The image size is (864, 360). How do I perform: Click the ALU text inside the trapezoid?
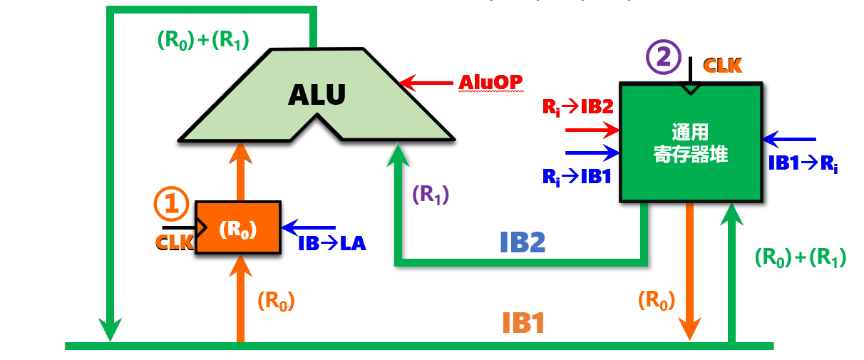click(x=317, y=95)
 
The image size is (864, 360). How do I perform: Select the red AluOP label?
click(x=490, y=83)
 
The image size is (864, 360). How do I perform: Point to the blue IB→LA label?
click(x=332, y=243)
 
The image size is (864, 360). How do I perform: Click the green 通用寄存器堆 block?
click(x=691, y=143)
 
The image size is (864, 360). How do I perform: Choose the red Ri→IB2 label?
click(x=578, y=107)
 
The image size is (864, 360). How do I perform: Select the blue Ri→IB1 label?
click(x=577, y=175)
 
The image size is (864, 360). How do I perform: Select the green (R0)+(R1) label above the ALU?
click(x=202, y=41)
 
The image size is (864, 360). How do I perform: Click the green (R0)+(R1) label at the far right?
click(x=800, y=258)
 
